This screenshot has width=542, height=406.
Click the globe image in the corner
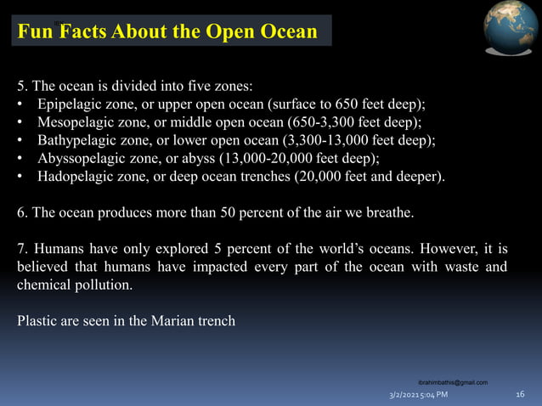pos(511,29)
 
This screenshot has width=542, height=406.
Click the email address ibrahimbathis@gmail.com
pos(454,383)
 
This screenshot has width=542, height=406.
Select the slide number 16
pos(521,395)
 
